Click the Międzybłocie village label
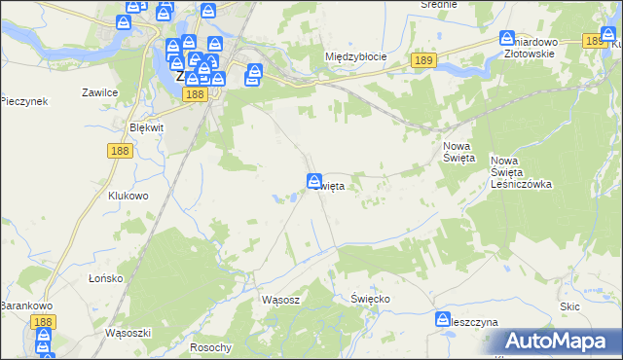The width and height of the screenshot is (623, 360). tap(355, 56)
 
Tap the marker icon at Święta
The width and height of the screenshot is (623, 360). tap(314, 181)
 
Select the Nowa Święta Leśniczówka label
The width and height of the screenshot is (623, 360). tap(522, 172)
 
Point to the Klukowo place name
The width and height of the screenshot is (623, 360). tap(128, 196)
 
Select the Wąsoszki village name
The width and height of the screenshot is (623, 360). tap(128, 332)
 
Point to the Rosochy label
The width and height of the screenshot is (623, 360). tap(211, 348)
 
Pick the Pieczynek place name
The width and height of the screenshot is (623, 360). tap(24, 101)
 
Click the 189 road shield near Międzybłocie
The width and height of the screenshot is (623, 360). tap(421, 60)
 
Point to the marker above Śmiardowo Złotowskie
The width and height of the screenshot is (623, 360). tap(507, 39)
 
